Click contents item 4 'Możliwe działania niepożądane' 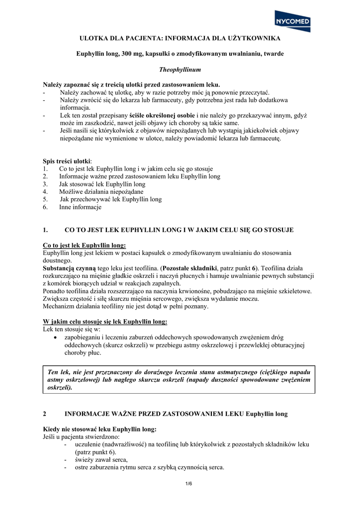101,191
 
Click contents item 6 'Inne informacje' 80,207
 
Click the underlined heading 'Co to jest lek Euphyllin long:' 85,245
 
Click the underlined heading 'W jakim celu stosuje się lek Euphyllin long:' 105,321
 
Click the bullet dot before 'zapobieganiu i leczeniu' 55,338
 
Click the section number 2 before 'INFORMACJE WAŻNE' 45,413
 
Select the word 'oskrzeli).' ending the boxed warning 59,387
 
